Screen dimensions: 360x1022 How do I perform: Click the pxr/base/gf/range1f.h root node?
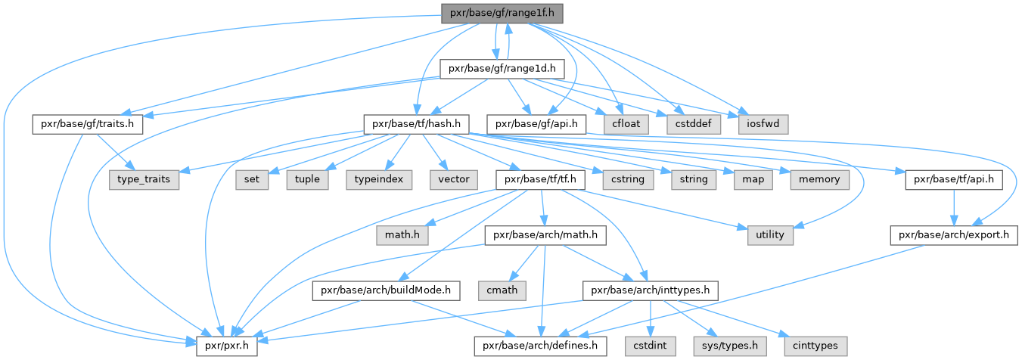502,13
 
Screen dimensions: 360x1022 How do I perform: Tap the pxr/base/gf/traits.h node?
88,123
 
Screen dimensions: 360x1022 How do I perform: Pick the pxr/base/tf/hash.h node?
417,123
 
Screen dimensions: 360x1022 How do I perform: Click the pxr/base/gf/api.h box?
536,123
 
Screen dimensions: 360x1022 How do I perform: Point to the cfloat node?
626,123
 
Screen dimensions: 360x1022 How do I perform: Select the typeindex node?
381,179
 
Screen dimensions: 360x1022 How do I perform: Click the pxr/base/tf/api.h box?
953,179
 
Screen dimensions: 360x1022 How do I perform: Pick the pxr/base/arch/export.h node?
953,235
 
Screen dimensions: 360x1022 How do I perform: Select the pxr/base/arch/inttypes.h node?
649,290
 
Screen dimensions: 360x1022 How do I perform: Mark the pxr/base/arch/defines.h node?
540,346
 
